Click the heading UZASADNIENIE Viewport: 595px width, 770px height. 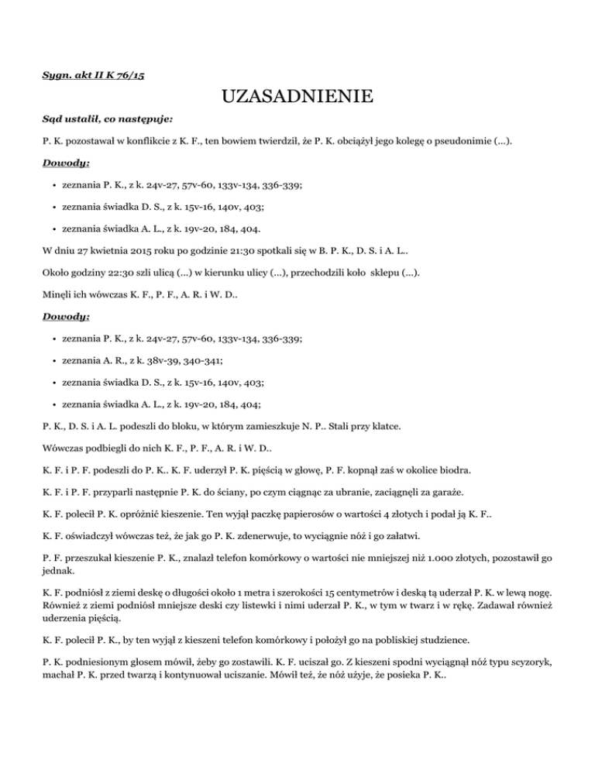[x=297, y=98]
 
